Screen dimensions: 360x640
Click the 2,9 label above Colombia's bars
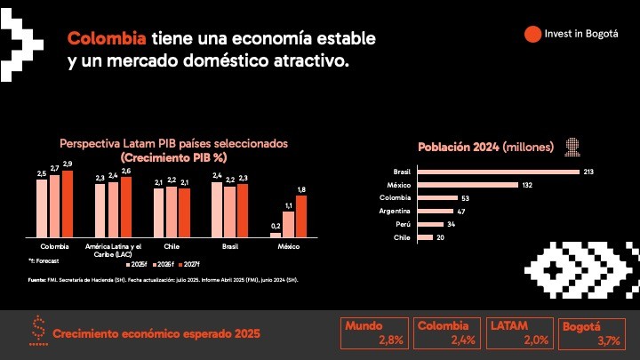click(68, 164)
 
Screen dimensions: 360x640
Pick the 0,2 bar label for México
click(276, 226)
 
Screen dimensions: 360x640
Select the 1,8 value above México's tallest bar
click(301, 189)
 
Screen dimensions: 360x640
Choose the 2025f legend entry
click(137, 265)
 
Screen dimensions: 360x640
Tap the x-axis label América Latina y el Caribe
click(113, 248)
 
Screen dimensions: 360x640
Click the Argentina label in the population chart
click(396, 211)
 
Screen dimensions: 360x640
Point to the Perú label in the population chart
click(402, 224)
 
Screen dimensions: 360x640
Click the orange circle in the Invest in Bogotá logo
click(532, 34)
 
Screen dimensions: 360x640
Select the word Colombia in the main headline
click(108, 40)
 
